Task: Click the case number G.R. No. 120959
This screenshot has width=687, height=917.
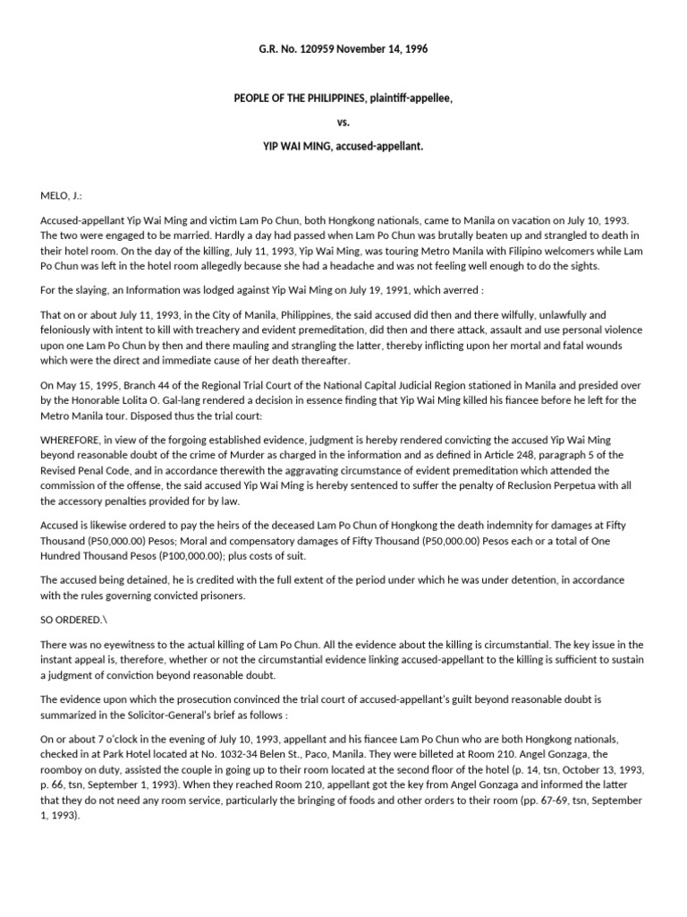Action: pyautogui.click(x=299, y=49)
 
